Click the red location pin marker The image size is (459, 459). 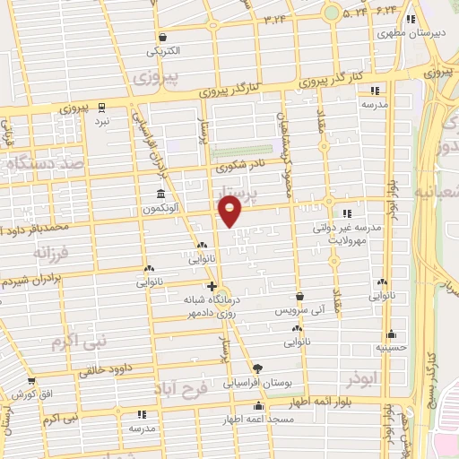pyautogui.click(x=230, y=212)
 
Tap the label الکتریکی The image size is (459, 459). pyautogui.click(x=166, y=50)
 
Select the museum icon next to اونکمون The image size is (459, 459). pyautogui.click(x=160, y=195)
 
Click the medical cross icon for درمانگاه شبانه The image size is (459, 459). pyautogui.click(x=212, y=286)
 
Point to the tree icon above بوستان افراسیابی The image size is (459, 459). pyautogui.click(x=258, y=368)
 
